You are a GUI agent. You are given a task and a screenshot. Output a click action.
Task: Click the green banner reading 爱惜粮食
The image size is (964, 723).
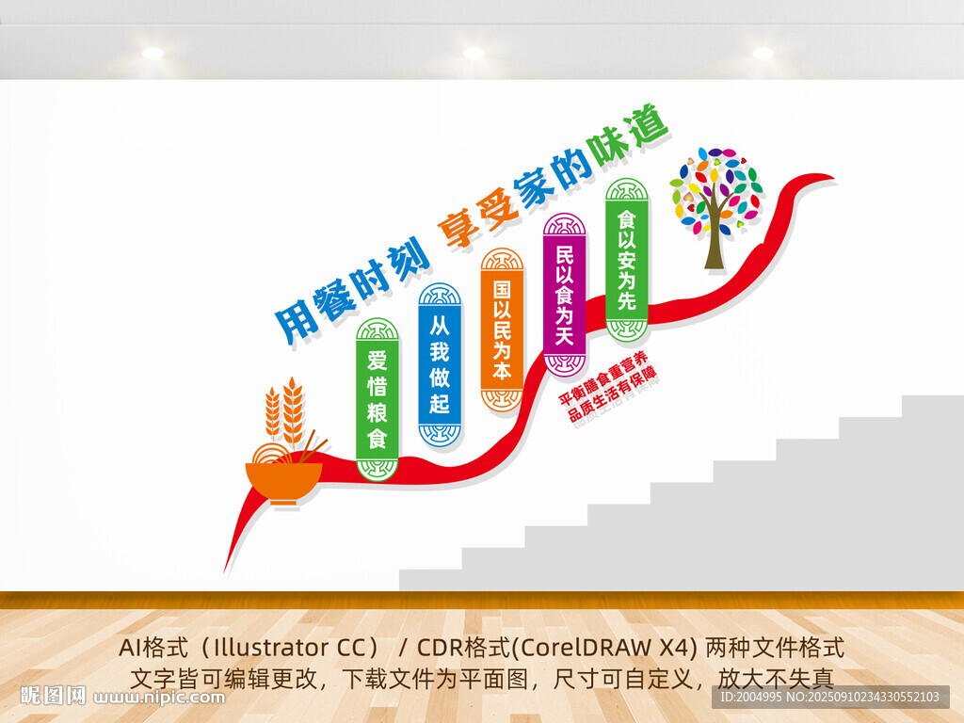[x=378, y=399]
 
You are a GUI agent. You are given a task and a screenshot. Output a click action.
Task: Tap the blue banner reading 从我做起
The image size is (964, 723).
[x=440, y=364]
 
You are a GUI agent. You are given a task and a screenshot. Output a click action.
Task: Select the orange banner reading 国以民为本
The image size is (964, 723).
[x=502, y=329]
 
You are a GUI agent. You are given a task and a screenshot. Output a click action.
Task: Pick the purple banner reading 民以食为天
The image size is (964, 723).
[x=565, y=295]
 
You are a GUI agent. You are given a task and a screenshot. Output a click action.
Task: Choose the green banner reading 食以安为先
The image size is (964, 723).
[x=626, y=260]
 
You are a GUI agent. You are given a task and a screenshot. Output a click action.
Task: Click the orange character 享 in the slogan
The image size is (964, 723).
[x=461, y=229]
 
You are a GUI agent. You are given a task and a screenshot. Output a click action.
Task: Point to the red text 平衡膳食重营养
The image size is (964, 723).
[x=602, y=378]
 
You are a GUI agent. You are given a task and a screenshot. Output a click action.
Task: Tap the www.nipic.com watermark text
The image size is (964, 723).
[x=159, y=698]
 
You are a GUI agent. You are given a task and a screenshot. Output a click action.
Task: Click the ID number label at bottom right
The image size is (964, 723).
[x=830, y=698]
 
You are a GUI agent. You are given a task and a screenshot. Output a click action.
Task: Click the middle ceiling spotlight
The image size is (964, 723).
[x=474, y=53]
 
